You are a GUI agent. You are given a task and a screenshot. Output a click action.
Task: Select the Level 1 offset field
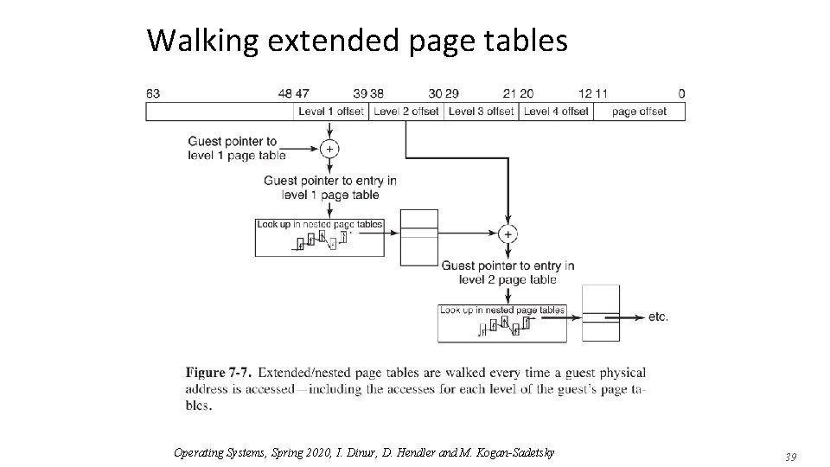coord(332,112)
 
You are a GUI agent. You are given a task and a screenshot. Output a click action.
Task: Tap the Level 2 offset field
coord(407,112)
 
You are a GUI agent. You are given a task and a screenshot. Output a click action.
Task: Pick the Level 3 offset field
coord(482,112)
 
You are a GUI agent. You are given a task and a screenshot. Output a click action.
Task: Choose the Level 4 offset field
coord(556,112)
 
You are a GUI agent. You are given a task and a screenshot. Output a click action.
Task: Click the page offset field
coord(640,112)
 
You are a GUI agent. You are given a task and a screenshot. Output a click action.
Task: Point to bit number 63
coord(153,93)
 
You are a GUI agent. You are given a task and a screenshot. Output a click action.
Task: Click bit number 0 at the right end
coord(681,93)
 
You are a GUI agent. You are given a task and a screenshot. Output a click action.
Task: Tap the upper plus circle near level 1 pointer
coord(329,149)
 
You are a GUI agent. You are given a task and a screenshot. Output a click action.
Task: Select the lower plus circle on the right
coord(508,233)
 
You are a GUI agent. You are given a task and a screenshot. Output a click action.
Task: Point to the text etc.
coord(658,317)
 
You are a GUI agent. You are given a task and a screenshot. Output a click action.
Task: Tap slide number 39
coord(789,456)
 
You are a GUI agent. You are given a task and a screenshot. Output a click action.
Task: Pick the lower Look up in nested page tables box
coord(502,323)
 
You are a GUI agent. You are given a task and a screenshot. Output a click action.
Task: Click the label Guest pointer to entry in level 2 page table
coord(508,272)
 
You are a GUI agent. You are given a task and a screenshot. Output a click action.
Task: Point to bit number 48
coord(285,93)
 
